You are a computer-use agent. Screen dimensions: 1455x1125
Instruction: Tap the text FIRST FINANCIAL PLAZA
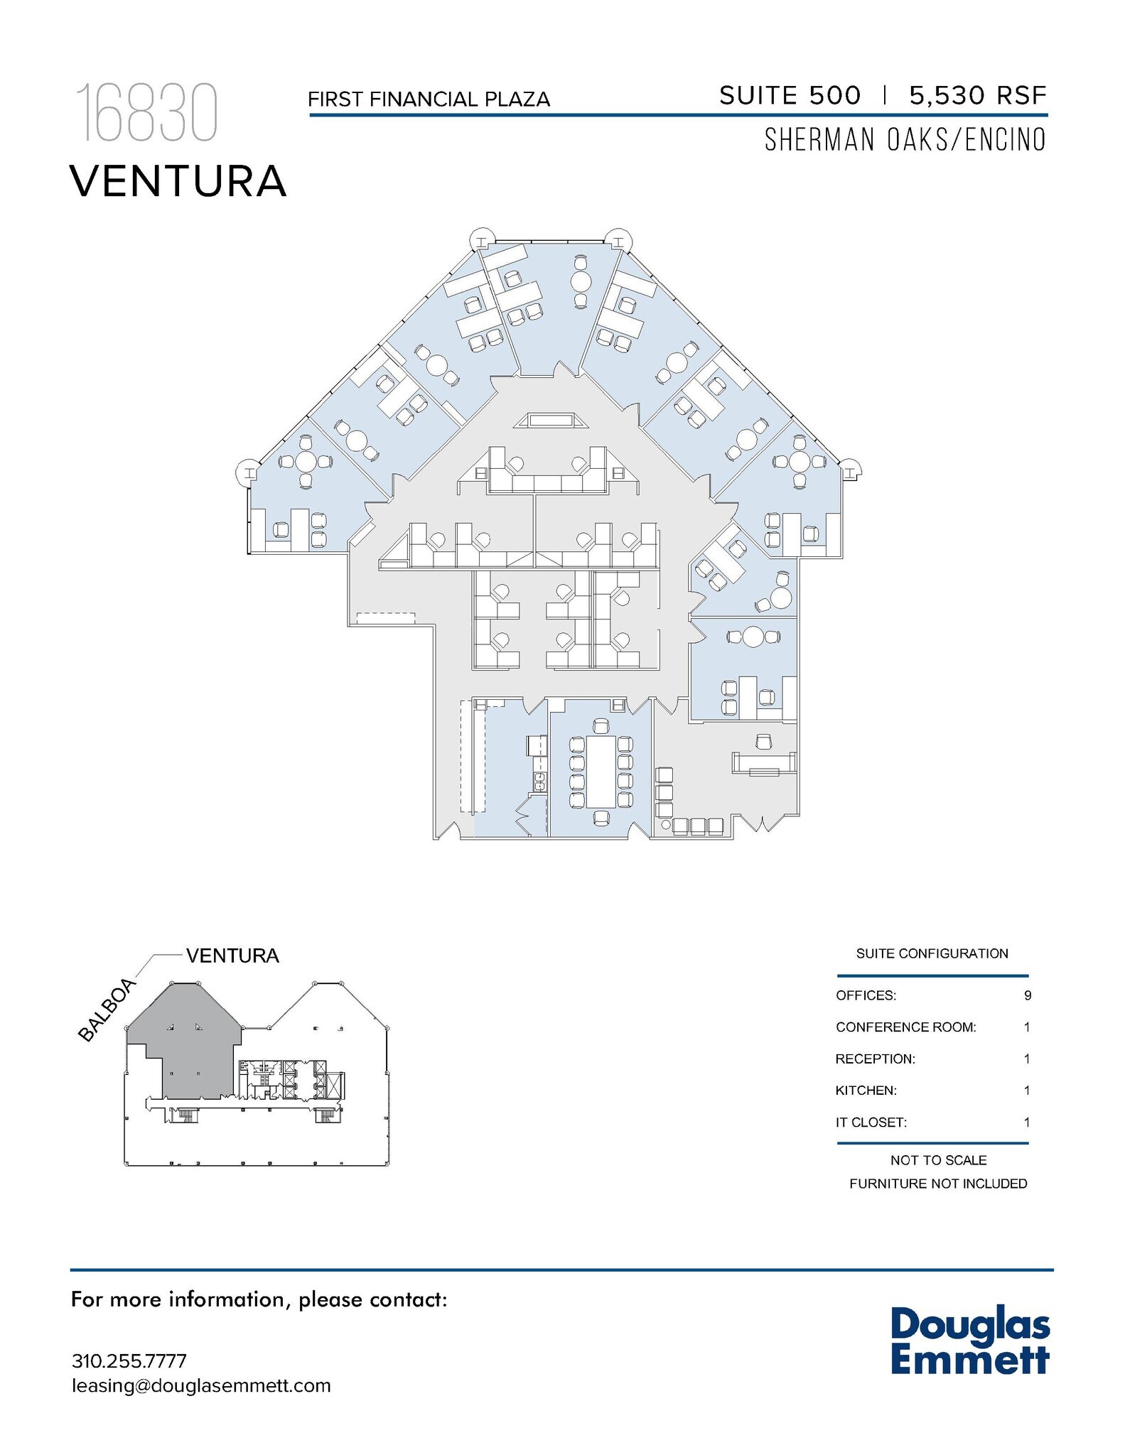(x=429, y=99)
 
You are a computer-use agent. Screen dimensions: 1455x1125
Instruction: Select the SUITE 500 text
(x=790, y=95)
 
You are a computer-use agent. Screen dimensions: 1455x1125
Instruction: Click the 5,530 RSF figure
(x=978, y=95)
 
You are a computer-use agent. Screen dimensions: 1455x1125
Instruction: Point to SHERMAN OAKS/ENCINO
(x=905, y=140)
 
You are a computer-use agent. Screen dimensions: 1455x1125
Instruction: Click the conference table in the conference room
(x=601, y=772)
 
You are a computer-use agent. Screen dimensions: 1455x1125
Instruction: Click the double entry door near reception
(x=762, y=825)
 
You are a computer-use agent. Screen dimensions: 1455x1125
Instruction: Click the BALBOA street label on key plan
(x=107, y=1010)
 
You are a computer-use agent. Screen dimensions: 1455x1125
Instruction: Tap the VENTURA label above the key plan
(x=232, y=956)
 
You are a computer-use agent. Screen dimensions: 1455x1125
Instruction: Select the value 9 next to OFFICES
(x=1027, y=995)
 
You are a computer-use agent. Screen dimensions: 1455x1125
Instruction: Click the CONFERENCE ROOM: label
(x=905, y=1027)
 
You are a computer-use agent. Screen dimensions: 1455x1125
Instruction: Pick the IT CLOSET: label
(x=871, y=1123)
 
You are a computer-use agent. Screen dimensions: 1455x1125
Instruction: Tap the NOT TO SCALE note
(x=938, y=1160)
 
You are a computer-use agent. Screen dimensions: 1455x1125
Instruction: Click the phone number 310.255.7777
(x=129, y=1361)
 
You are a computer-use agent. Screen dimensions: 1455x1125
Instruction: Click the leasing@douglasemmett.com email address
(x=201, y=1386)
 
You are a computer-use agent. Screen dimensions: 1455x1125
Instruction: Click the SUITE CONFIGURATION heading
(x=932, y=953)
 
